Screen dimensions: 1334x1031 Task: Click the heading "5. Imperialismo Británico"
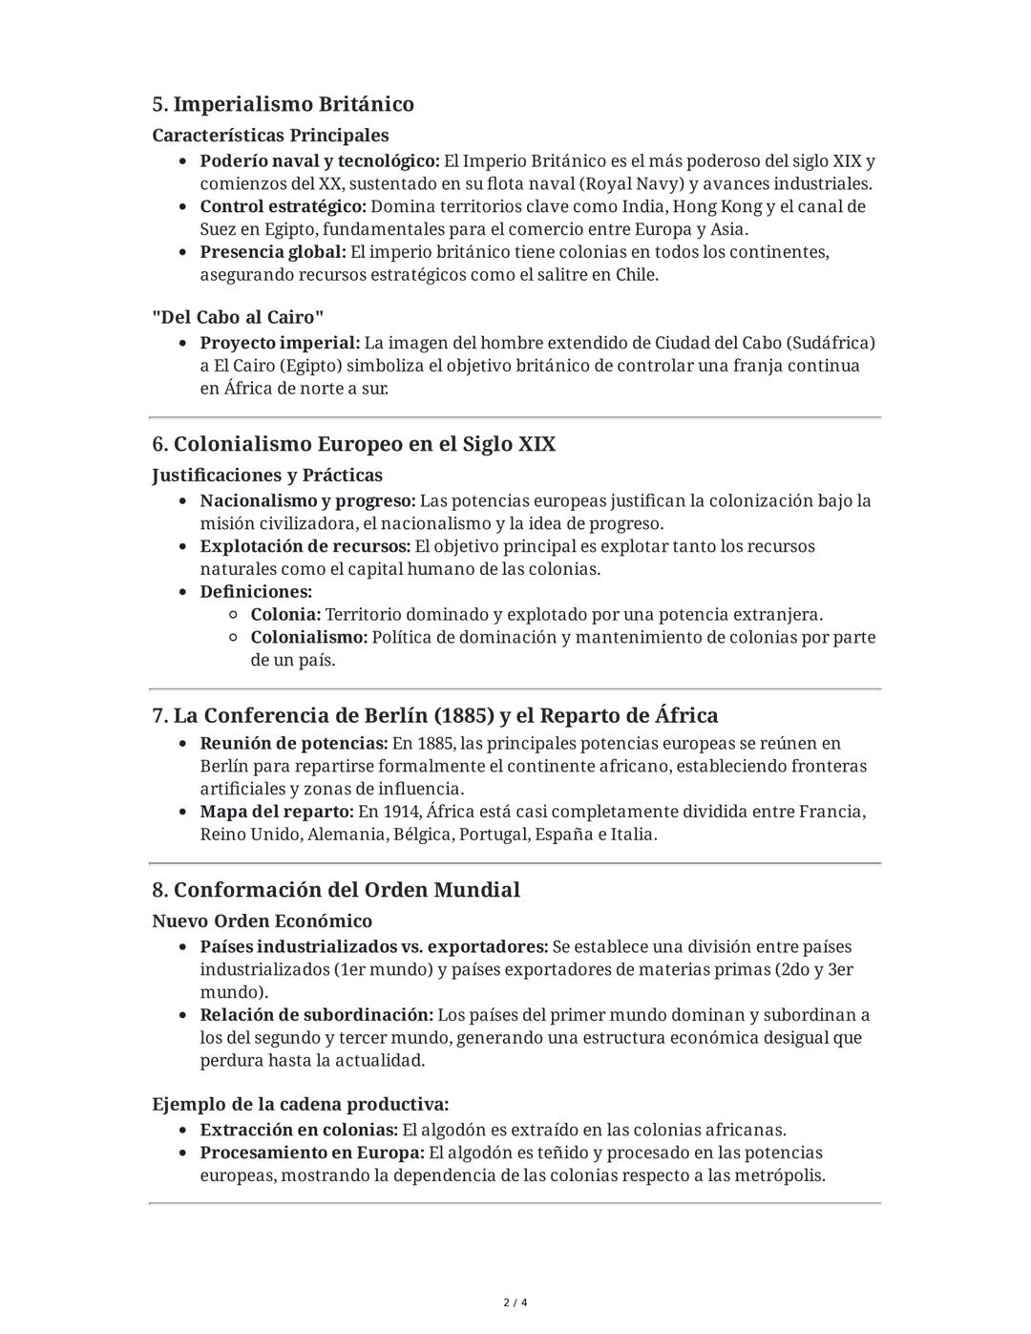coord(283,104)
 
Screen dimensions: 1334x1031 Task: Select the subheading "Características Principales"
coord(270,136)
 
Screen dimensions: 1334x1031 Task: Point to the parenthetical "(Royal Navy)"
coord(631,184)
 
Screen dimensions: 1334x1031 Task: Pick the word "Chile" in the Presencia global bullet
coord(635,275)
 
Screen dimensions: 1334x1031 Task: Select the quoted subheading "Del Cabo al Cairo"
coord(238,317)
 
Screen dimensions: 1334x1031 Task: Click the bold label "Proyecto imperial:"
coord(280,343)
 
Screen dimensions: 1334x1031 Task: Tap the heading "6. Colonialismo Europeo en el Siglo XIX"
coord(353,444)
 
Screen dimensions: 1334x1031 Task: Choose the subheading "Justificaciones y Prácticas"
coord(267,476)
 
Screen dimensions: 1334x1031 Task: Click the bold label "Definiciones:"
coord(256,592)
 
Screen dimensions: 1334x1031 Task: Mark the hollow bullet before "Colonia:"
coord(234,615)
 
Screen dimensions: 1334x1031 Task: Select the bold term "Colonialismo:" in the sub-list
coord(308,638)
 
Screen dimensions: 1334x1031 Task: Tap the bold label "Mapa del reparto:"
coord(277,813)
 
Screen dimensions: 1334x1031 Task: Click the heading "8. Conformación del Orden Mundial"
coord(336,890)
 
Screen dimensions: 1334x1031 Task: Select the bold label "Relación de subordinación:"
coord(316,1015)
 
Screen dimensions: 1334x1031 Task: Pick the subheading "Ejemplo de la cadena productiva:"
coord(300,1105)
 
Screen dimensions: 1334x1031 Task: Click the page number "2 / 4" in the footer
coord(515,1302)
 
